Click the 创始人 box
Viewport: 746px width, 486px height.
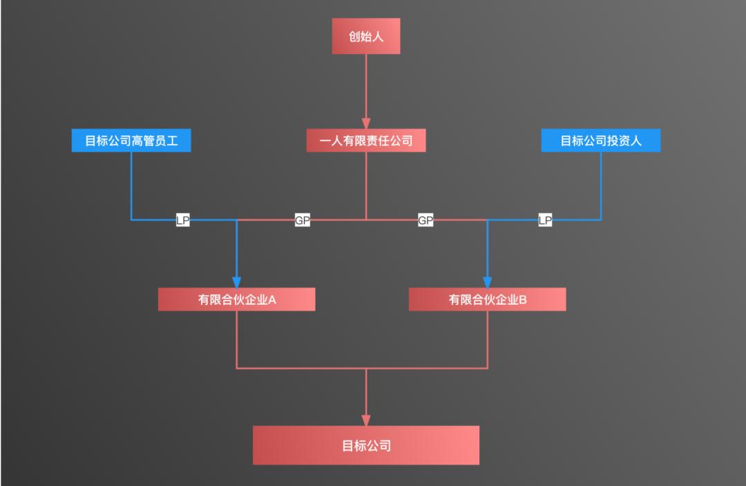365,36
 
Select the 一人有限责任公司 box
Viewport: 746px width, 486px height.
365,141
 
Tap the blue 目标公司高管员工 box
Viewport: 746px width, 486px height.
131,141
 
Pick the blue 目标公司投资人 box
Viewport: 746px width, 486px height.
600,141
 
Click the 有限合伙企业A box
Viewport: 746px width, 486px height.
237,299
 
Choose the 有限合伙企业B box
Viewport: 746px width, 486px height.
487,299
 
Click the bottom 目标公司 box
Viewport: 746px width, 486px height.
365,445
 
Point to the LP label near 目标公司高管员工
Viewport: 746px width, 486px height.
182,221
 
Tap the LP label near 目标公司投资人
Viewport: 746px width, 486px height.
545,221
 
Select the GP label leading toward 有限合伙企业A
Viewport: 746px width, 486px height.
303,221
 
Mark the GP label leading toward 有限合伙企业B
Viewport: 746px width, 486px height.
425,221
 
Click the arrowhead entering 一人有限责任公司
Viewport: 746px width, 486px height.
365,124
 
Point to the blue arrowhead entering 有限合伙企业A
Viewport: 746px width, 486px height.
237,282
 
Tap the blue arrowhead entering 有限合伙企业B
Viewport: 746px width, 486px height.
487,282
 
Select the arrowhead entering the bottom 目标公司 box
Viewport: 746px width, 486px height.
365,420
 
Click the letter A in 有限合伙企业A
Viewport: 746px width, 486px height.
272,300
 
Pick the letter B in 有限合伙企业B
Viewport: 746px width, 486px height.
523,300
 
